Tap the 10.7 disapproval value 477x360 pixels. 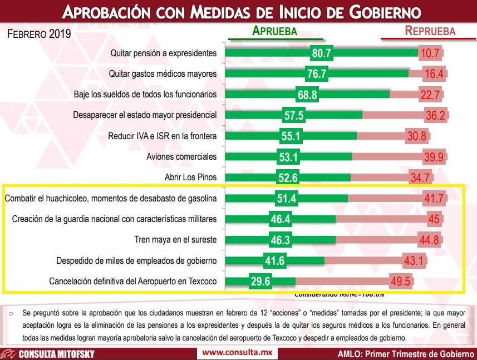tap(431, 54)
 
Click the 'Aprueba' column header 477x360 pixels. tap(275, 31)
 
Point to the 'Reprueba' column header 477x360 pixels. tap(430, 31)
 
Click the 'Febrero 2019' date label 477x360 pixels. tap(39, 34)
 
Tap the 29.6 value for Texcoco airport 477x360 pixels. tap(260, 280)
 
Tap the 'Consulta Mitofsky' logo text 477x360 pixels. tap(56, 354)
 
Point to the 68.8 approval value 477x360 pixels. tap(307, 95)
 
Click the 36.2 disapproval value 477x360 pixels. tap(436, 116)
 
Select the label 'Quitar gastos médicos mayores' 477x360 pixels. tap(164, 74)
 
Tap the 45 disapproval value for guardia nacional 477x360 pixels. tap(434, 219)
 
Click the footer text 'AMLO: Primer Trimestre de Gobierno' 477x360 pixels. tap(406, 354)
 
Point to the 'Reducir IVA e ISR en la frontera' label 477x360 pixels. tap(163, 136)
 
